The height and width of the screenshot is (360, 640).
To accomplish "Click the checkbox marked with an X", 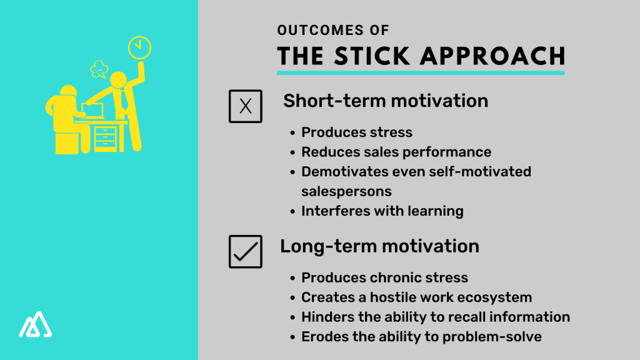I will coord(246,106).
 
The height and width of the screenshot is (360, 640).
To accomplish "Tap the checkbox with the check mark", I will coord(246,251).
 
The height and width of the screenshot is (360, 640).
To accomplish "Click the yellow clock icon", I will coord(139,47).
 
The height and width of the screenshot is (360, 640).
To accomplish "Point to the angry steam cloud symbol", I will coord(99,69).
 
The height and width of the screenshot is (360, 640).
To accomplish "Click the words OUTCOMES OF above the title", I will coord(333,29).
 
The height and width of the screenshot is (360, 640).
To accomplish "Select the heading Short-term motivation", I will coord(386,101).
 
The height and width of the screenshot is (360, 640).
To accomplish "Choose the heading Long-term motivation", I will coord(379,246).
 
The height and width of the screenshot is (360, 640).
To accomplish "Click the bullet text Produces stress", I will coord(357,132).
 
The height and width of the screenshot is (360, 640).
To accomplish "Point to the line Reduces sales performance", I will coord(396,152).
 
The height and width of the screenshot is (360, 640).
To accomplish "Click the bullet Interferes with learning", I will coord(382,211).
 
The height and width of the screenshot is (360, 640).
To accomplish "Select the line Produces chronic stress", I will coord(384,277).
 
